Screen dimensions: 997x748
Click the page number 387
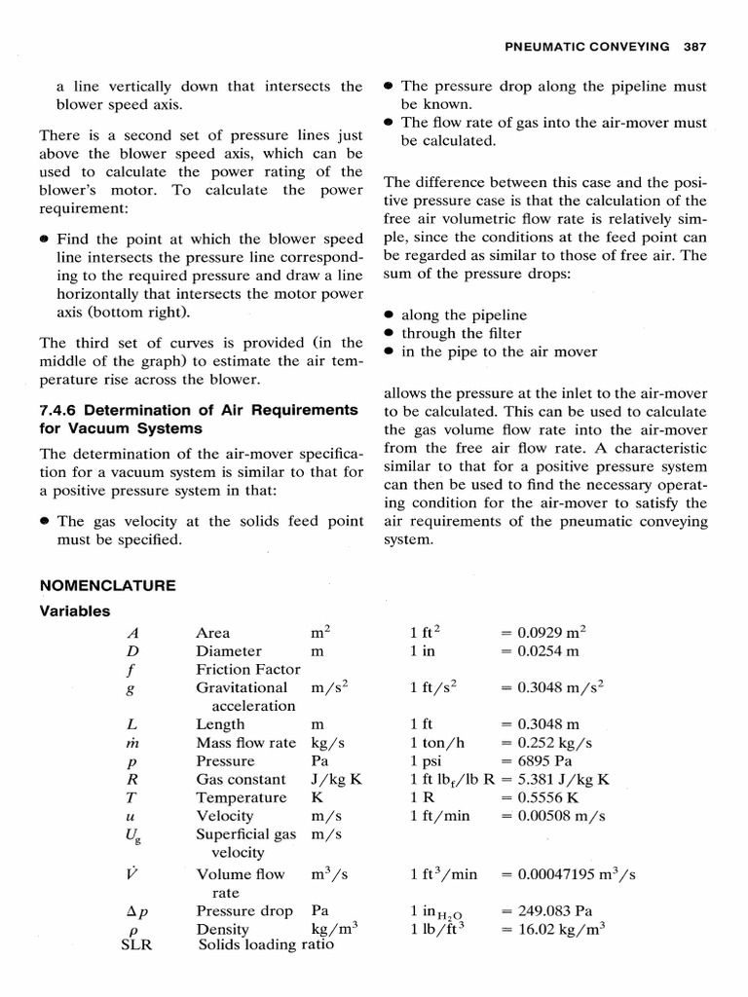[x=694, y=46]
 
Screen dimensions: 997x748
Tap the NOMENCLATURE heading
[x=107, y=585]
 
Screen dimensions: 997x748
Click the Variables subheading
[x=75, y=611]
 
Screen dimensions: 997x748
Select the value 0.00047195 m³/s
[x=568, y=874]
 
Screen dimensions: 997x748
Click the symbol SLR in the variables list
[x=132, y=943]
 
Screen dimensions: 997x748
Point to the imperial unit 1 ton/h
[x=437, y=742]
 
